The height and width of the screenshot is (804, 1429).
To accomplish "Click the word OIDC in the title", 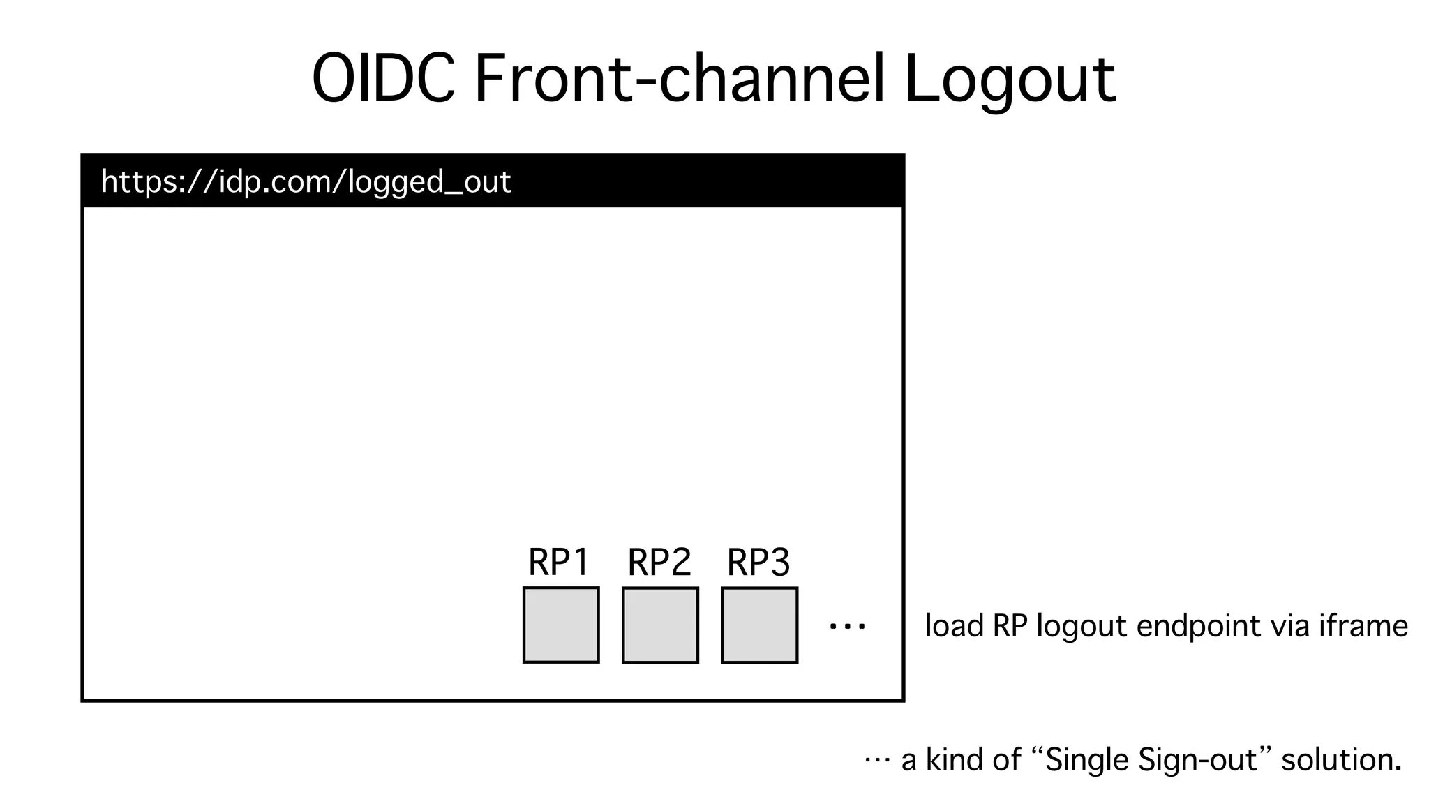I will pyautogui.click(x=383, y=79).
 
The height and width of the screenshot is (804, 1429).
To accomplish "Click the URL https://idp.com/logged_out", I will pyautogui.click(x=306, y=182).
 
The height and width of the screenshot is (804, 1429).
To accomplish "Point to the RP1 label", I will pyautogui.click(x=559, y=563).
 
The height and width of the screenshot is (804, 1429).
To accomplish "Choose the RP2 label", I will pyautogui.click(x=659, y=563).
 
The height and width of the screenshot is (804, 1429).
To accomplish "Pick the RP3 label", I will pyautogui.click(x=758, y=563).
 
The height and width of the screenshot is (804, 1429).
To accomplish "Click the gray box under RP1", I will pyautogui.click(x=561, y=625).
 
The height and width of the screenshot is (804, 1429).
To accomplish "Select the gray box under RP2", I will pyautogui.click(x=660, y=625).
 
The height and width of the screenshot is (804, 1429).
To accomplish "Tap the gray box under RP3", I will pyautogui.click(x=760, y=625).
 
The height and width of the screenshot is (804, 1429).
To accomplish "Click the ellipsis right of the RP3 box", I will pyautogui.click(x=847, y=627).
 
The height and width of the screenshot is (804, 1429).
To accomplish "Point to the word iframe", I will pyautogui.click(x=1363, y=626).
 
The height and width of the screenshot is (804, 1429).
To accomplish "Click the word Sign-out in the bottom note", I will pyautogui.click(x=1197, y=760).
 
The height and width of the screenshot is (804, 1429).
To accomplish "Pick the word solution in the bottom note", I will pyautogui.click(x=1341, y=760).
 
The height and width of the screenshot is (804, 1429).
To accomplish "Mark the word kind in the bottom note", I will pyautogui.click(x=952, y=760).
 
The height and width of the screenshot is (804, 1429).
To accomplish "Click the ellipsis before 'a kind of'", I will pyautogui.click(x=877, y=760).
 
